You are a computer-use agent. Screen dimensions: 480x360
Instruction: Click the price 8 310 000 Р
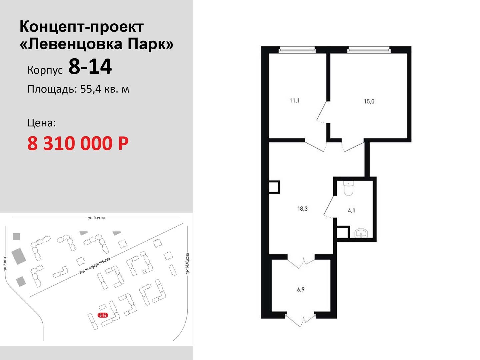tap(78, 143)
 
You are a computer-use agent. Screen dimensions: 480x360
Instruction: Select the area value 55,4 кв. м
tap(105, 89)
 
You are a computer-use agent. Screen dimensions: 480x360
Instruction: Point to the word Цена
tap(42, 123)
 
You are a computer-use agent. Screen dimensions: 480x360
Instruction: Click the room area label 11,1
tap(295, 101)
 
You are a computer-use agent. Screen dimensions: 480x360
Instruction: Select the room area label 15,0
tap(369, 101)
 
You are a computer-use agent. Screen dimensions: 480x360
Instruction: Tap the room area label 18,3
tap(302, 209)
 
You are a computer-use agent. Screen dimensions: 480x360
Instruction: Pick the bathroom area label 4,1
tap(351, 211)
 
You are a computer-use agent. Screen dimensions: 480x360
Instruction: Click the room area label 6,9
tap(301, 290)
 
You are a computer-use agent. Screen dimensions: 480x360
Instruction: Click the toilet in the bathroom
tap(348, 188)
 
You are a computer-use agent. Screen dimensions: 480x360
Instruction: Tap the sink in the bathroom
tap(361, 233)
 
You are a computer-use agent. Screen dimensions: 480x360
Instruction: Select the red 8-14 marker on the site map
tap(103, 315)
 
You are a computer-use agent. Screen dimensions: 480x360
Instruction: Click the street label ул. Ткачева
tap(96, 218)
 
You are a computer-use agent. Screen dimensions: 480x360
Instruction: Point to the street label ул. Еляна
tap(5, 264)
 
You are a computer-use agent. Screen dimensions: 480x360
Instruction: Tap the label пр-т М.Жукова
tap(187, 263)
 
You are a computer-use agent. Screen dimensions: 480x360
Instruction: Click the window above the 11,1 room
tap(297, 50)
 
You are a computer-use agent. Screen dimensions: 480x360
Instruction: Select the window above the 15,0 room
tap(369, 50)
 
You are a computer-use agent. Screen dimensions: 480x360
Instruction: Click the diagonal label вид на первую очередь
tap(95, 266)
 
